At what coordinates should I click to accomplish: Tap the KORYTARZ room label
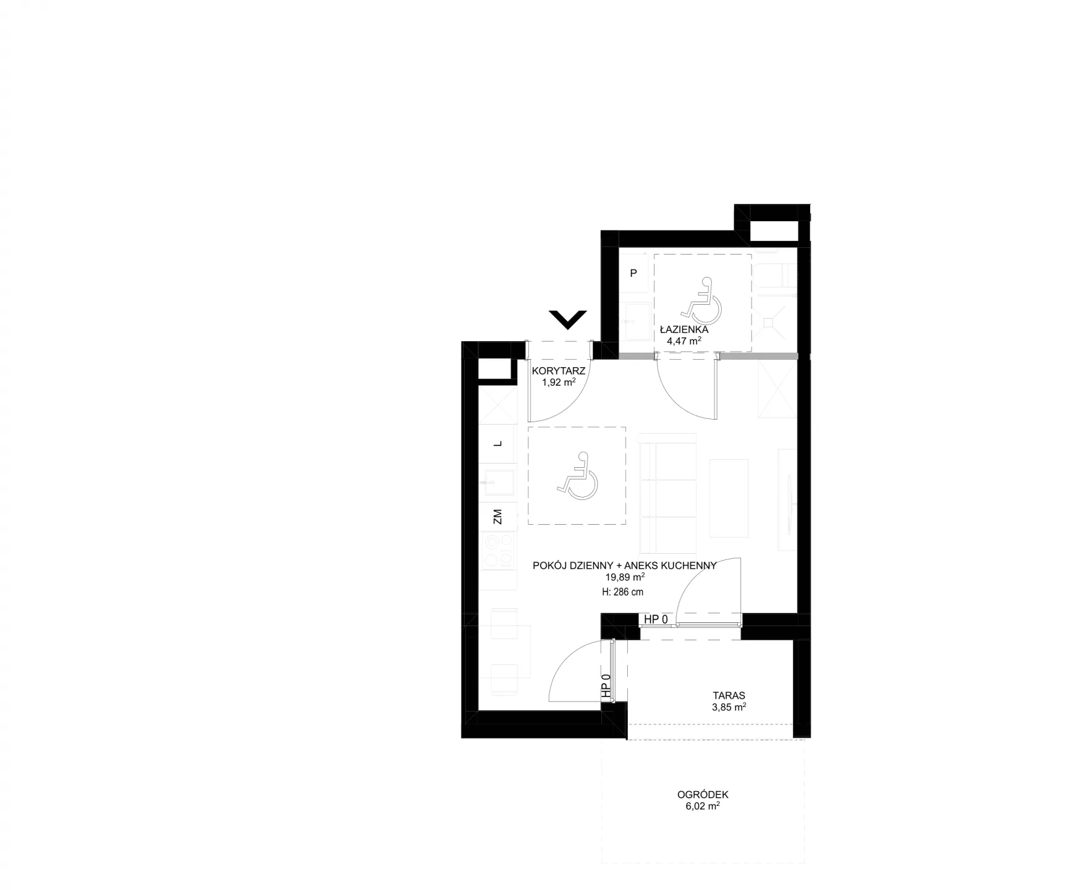[559, 371]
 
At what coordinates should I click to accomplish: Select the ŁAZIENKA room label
[684, 329]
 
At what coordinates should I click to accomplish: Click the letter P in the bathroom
[633, 273]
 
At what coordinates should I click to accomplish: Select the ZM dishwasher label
[497, 517]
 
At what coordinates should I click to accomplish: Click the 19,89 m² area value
[625, 577]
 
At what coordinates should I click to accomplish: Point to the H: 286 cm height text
[622, 592]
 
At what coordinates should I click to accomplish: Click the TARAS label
[729, 695]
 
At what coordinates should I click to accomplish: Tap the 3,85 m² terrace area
[729, 707]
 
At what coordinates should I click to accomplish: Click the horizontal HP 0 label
[656, 619]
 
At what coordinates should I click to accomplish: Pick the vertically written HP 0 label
[606, 687]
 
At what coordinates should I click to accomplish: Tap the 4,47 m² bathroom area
[684, 341]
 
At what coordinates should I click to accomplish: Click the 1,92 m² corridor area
[559, 382]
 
